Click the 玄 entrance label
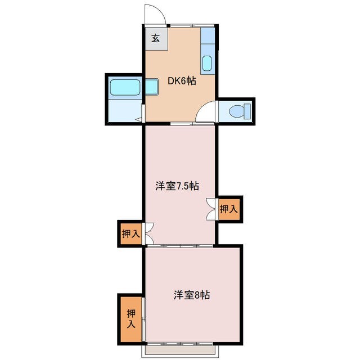(x=155, y=39)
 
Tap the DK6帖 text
(x=182, y=81)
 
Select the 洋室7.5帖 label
(x=177, y=186)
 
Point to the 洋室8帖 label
(x=191, y=294)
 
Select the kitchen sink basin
(x=206, y=64)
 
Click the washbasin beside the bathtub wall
(x=151, y=88)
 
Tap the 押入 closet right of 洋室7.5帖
(x=228, y=209)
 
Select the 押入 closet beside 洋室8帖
(x=130, y=319)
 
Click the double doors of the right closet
(x=211, y=209)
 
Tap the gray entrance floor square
(x=155, y=39)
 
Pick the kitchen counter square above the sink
(x=208, y=38)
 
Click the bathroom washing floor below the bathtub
(x=125, y=111)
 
